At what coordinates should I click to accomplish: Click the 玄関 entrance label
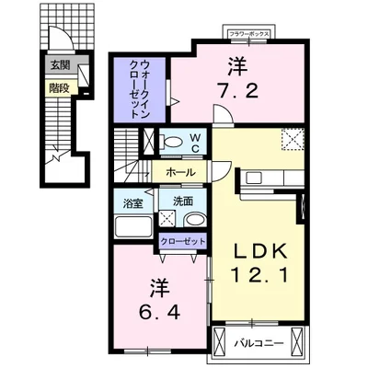point(60,64)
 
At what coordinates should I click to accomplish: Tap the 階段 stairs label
point(60,89)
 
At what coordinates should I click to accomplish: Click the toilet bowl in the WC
point(171,143)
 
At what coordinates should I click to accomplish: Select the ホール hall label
point(180,172)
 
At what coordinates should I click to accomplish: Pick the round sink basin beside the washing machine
point(193,219)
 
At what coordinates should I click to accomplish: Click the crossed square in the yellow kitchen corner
point(293,139)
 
